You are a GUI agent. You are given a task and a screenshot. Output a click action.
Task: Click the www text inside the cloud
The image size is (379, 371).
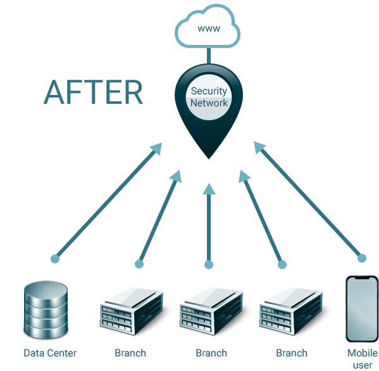click(x=209, y=28)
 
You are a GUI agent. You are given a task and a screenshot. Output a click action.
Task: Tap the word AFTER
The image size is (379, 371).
click(x=93, y=92)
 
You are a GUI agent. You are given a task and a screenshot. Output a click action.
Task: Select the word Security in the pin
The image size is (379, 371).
click(x=209, y=91)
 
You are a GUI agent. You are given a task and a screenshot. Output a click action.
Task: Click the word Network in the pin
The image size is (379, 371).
click(x=209, y=103)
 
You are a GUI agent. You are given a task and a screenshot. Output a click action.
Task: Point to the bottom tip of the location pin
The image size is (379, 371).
click(x=209, y=159)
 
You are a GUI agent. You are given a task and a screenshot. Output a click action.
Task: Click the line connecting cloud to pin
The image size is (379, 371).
click(x=209, y=55)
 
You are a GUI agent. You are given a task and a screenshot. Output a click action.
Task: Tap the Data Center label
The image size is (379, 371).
click(x=50, y=353)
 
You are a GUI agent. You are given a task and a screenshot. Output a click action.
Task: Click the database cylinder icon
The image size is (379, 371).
click(x=46, y=310)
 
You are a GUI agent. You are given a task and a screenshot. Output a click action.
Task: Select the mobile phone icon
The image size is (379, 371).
click(x=362, y=309)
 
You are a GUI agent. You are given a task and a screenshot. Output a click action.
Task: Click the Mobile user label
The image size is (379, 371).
click(x=363, y=359)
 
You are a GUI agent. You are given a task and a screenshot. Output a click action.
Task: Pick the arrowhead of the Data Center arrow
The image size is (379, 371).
click(x=156, y=148)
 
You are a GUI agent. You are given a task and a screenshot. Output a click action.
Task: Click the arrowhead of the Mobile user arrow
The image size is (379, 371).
click(x=259, y=148)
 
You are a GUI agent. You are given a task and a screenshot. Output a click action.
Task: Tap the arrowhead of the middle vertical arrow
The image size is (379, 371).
click(x=209, y=189)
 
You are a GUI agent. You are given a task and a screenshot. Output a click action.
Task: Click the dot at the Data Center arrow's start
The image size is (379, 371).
click(x=55, y=258)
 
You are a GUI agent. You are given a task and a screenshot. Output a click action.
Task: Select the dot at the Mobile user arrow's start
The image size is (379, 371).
click(x=362, y=258)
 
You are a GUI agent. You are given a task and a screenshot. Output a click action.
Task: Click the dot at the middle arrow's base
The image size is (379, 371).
click(x=209, y=265)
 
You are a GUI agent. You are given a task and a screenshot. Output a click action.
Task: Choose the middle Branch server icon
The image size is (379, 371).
click(x=211, y=311)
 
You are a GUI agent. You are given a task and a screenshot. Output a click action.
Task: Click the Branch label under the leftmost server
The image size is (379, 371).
click(x=130, y=353)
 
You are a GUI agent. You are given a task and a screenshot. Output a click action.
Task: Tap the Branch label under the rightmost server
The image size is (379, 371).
click(x=292, y=353)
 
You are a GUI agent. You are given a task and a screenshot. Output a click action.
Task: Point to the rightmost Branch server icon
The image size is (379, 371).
click(x=291, y=311)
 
